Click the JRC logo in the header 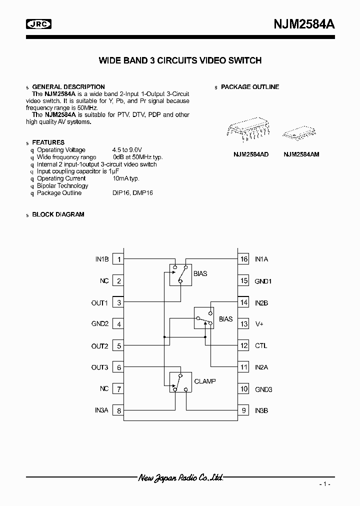[39, 23]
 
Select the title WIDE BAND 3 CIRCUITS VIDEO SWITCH [180, 61]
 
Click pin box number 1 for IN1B [119, 259]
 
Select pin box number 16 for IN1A [243, 259]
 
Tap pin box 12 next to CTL [243, 345]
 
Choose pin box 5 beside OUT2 [119, 345]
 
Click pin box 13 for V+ [243, 324]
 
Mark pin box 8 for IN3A [119, 410]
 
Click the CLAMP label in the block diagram [205, 381]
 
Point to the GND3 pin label [263, 389]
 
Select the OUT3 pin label [99, 367]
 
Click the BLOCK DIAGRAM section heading [58, 214]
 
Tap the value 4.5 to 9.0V [127, 149]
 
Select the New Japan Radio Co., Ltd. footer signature [180, 478]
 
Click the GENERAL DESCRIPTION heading [68, 87]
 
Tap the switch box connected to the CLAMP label [180, 382]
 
